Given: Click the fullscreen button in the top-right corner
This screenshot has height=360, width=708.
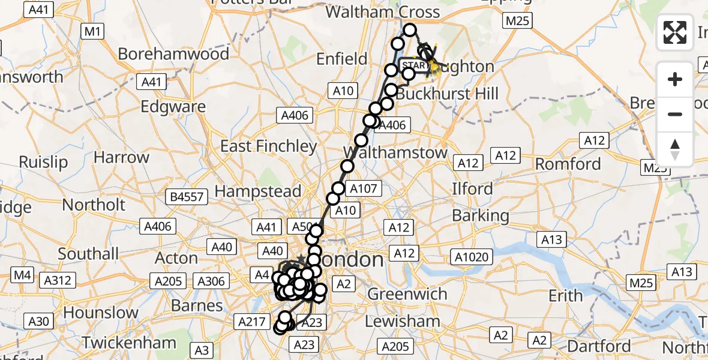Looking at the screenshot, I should coord(675,32).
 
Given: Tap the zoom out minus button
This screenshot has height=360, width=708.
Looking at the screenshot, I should coord(675,114).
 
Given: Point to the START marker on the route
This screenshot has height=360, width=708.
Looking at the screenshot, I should coord(414,65).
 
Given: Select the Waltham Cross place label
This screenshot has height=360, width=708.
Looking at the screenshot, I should coord(382,12).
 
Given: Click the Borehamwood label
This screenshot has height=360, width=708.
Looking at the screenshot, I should coord(173,54).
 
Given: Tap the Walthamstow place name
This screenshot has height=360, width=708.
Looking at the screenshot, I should coord(395,152).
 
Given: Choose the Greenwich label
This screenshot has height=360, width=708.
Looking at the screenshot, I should coord(407,294).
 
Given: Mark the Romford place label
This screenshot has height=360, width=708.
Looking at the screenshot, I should coord(568,164).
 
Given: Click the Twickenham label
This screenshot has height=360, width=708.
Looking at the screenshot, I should coord(129,343).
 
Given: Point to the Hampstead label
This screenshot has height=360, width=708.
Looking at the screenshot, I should coord(257,191).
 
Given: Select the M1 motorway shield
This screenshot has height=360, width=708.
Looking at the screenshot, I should coord(91,31).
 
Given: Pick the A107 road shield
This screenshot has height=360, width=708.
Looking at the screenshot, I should coord(364,189).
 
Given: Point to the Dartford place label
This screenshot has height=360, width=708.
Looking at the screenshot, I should coord(598,346).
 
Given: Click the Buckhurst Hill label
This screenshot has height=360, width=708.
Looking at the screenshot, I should coord(447,94).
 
